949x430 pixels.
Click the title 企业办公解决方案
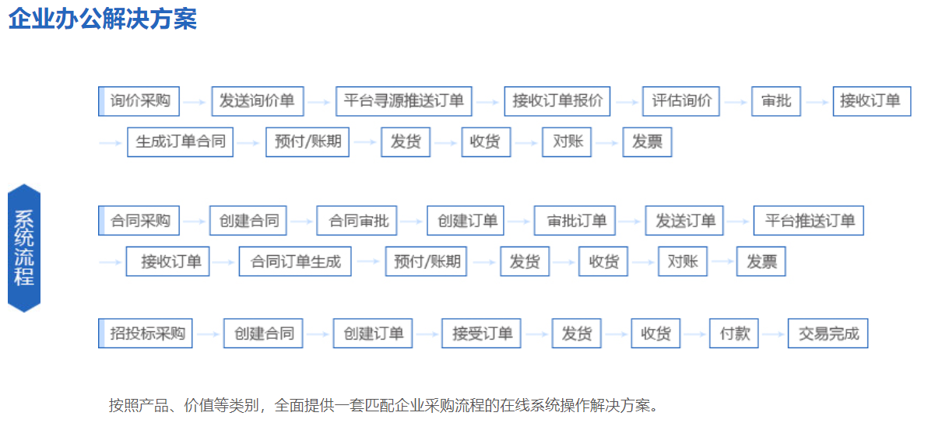[x=103, y=19]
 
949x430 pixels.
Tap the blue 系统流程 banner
[x=24, y=248]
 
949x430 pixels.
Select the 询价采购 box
[x=139, y=101]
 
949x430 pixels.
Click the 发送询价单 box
[x=258, y=101]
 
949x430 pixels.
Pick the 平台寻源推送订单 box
[x=404, y=101]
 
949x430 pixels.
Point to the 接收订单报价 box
[x=557, y=101]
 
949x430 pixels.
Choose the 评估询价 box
[x=681, y=101]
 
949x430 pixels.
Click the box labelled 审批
[x=776, y=101]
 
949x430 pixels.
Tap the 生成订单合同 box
[x=180, y=142]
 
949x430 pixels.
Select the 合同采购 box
[x=139, y=221]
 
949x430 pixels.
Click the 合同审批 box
[x=357, y=221]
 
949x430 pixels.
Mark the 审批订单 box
[x=575, y=221]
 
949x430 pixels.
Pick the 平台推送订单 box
[x=808, y=221]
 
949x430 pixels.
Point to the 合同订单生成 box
[x=295, y=261]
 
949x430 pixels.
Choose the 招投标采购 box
[x=146, y=334]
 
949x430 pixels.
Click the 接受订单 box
[x=481, y=334]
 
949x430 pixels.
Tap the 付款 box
[x=734, y=334]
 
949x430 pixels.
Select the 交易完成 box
[x=828, y=334]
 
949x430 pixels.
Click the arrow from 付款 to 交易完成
[x=773, y=334]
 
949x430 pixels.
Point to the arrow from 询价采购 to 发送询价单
[x=195, y=102]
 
